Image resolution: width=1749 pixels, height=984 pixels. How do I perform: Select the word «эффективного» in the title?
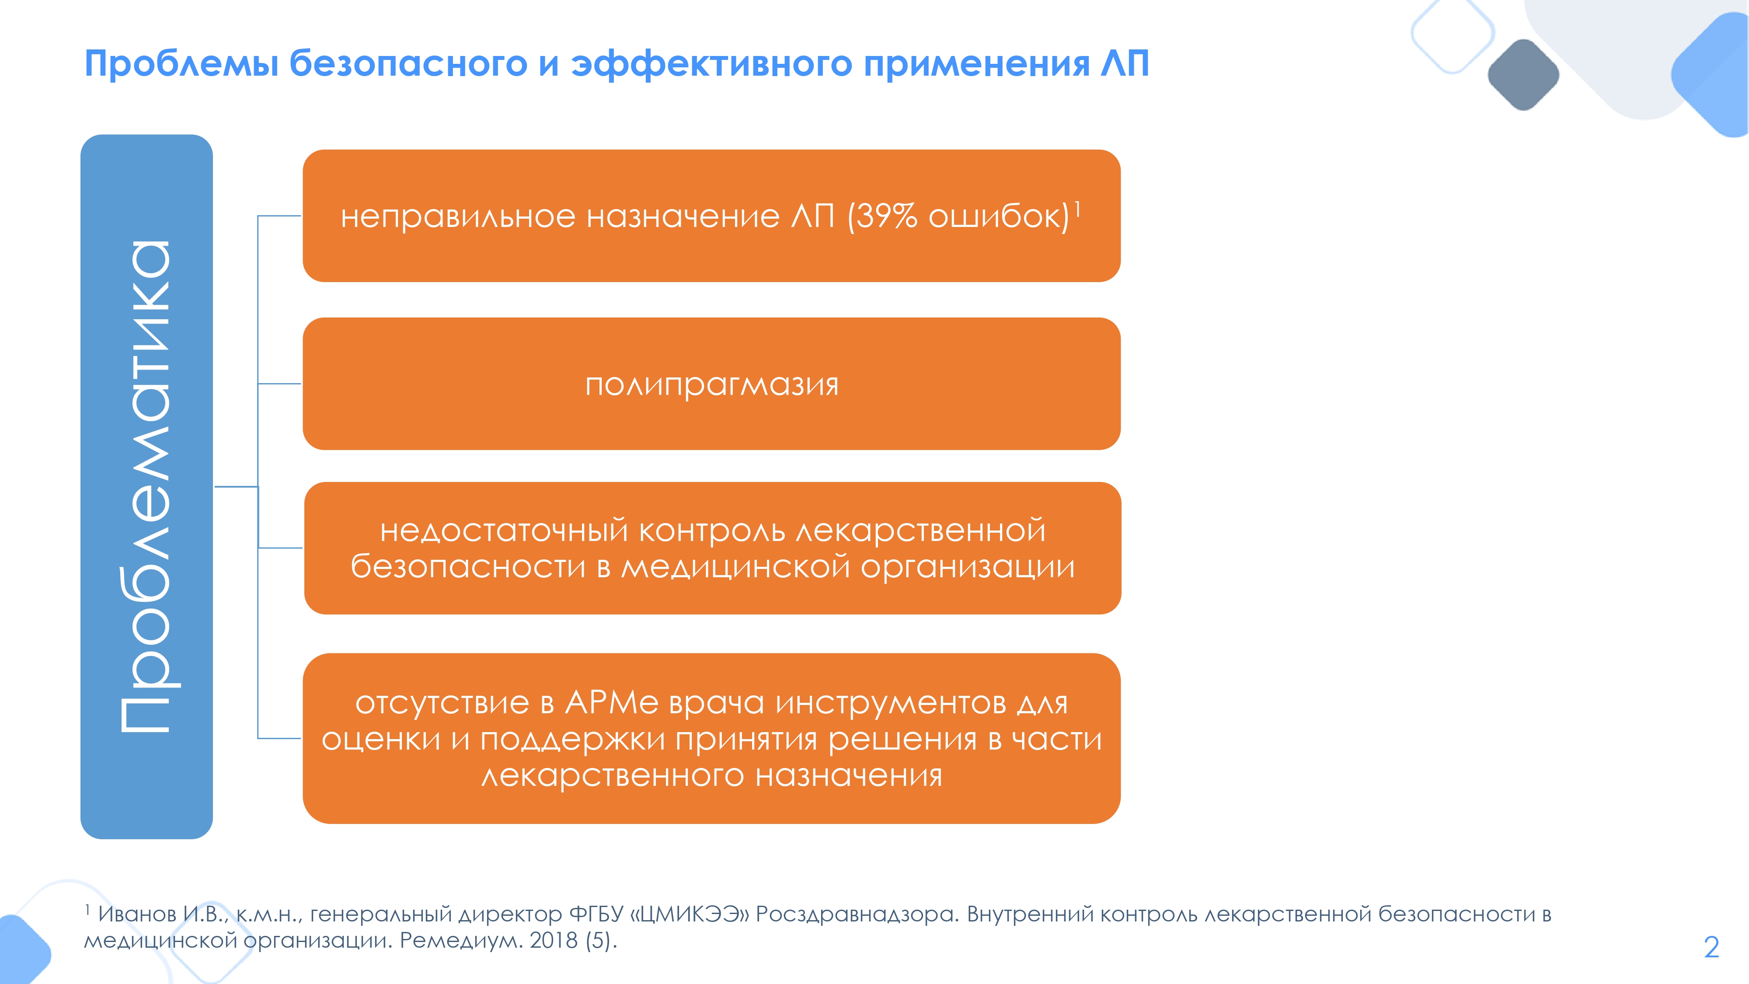(711, 65)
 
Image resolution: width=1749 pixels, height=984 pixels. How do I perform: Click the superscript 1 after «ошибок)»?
(1077, 209)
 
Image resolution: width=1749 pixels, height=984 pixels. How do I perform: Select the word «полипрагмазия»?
(711, 385)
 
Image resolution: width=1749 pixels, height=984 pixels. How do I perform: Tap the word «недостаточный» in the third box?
(505, 530)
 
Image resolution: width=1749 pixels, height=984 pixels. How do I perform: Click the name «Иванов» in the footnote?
(137, 914)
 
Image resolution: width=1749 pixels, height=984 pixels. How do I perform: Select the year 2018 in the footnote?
(554, 941)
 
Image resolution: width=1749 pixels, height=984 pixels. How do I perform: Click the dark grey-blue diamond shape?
(1523, 75)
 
